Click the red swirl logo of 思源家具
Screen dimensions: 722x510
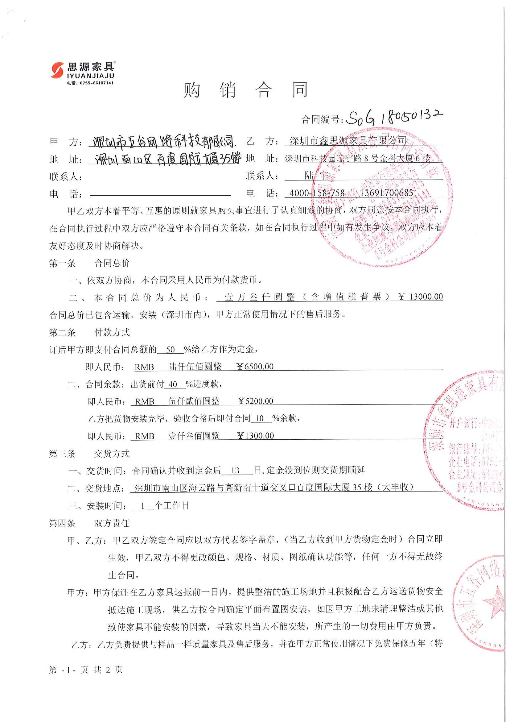[x=57, y=70]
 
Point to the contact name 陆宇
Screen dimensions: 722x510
[x=316, y=176]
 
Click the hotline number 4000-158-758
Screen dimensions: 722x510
[x=317, y=193]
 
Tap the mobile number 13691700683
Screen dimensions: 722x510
[x=386, y=193]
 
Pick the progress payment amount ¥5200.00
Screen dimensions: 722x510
[x=255, y=401]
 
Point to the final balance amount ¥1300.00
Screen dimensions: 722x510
[x=255, y=436]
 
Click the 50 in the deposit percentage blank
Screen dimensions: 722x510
[x=170, y=349]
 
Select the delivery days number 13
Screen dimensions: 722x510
[x=235, y=471]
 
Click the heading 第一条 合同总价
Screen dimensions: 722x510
[x=89, y=263]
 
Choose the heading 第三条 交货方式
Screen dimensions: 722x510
[x=89, y=454]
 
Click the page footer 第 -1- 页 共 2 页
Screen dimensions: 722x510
[x=85, y=670]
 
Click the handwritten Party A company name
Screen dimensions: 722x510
[x=162, y=142]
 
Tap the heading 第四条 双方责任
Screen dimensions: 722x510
[x=89, y=523]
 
